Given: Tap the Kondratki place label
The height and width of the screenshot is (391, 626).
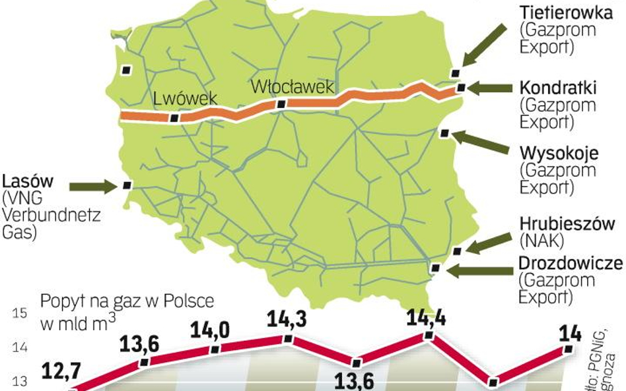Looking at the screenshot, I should (559, 88).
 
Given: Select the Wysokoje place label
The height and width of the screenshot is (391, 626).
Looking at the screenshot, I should (559, 154).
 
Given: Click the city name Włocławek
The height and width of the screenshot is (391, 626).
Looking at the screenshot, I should (293, 87).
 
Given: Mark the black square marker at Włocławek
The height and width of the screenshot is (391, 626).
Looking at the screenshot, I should (282, 104).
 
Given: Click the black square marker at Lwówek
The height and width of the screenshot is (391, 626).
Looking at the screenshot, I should (174, 119).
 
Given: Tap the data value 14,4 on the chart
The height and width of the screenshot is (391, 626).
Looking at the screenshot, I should (427, 318).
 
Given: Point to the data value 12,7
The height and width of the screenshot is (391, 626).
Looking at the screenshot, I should (61, 371).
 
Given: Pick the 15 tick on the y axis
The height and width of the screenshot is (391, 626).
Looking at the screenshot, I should (20, 313).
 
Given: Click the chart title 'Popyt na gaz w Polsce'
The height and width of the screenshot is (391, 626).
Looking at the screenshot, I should (127, 302).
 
